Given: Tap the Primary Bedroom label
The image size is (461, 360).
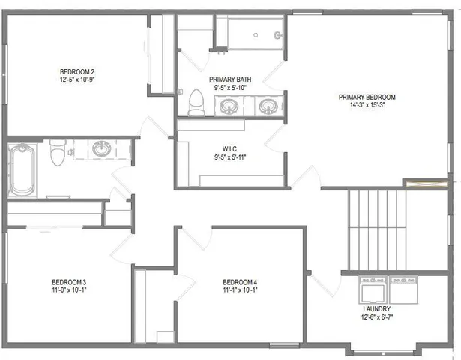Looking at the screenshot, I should coord(367,97).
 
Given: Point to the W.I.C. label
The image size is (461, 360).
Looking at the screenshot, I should coord(230,148).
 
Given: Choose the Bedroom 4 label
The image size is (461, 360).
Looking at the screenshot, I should coord(240,282).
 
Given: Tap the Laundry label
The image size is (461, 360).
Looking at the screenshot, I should coord(376,308).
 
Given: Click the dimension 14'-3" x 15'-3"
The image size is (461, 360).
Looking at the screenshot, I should coord(367,105).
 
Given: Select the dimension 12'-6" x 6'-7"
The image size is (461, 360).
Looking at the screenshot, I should coord(376,316).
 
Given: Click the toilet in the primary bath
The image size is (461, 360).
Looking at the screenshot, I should coord(196,102).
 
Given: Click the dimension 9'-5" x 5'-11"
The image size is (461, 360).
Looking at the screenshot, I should coord(230,157).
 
